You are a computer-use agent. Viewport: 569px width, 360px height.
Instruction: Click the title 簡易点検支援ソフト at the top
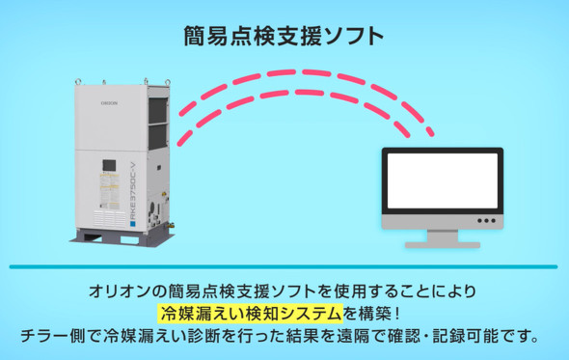point(284,37)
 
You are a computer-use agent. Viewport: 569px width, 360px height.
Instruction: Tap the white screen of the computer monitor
point(442,182)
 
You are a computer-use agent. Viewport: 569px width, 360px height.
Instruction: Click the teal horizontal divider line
point(284,266)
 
